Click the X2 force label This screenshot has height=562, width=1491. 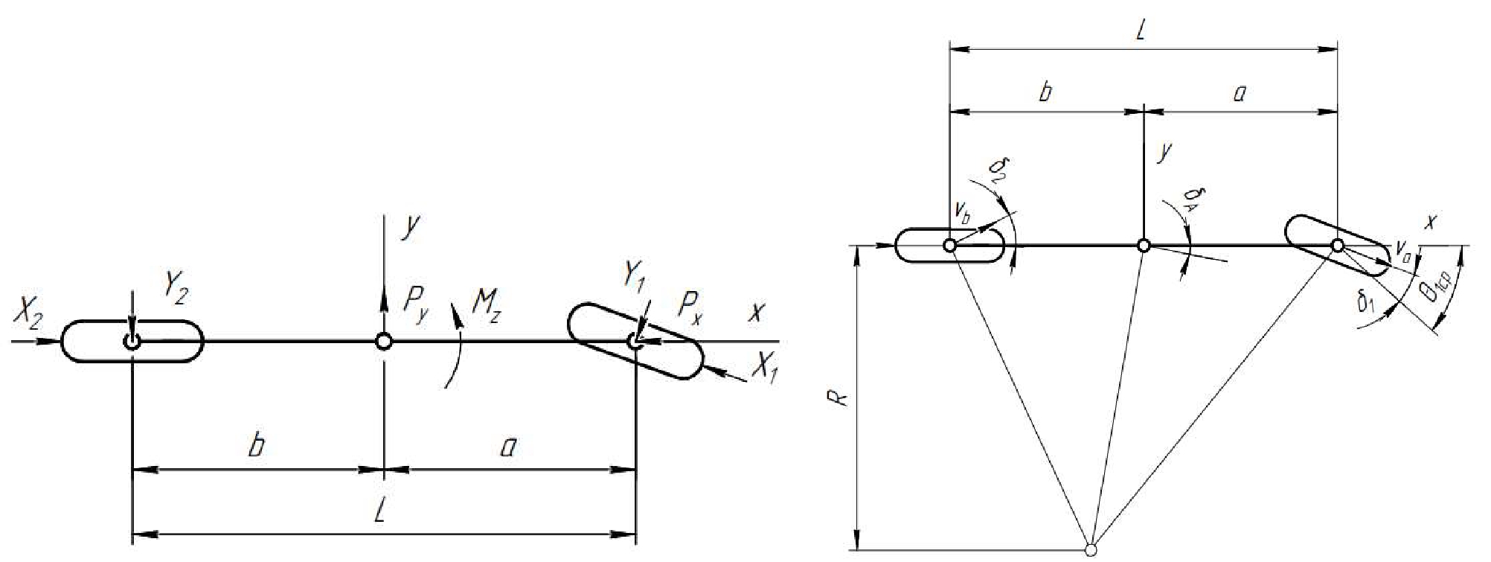tap(28, 318)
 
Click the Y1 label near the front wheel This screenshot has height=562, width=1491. tap(635, 278)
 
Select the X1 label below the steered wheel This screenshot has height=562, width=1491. tap(764, 365)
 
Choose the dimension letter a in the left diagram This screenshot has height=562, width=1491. tap(509, 447)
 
